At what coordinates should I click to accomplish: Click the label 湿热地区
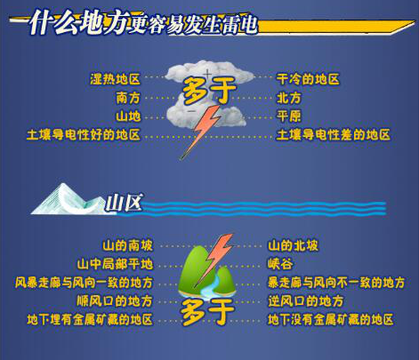coord(115,79)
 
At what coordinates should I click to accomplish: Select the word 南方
coord(128,98)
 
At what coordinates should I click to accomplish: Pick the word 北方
coord(289,98)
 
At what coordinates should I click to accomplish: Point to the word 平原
coord(289,116)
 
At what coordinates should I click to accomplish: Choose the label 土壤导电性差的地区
coord(334,135)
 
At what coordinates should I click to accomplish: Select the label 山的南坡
coord(127,245)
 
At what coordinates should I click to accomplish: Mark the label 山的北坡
coord(293,245)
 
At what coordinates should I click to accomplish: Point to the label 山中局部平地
coord(115,264)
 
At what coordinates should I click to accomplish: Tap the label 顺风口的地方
coord(115,301)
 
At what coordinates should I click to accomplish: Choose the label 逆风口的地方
coord(305,301)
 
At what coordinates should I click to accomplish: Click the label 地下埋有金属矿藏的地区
coord(90,319)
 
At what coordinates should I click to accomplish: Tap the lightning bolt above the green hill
coord(217,253)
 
